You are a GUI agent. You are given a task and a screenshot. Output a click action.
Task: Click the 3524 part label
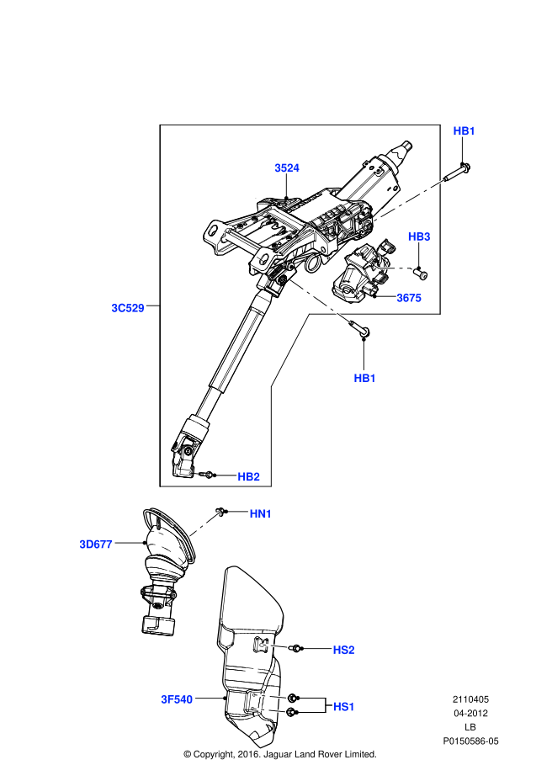click(x=287, y=168)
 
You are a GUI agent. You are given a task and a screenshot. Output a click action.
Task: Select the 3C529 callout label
click(x=128, y=308)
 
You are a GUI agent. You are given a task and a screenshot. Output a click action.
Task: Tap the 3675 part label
click(x=408, y=298)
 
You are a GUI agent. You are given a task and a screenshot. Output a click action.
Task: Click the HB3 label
click(x=419, y=236)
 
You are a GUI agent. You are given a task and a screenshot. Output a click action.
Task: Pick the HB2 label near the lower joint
click(x=248, y=477)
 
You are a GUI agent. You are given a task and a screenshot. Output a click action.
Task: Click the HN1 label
click(x=261, y=513)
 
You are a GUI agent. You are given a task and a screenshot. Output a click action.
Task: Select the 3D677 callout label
click(x=96, y=545)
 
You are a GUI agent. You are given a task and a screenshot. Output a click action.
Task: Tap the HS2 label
click(x=343, y=650)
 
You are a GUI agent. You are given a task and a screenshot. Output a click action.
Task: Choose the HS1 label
click(x=343, y=707)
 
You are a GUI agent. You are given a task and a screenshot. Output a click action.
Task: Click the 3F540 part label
click(x=178, y=699)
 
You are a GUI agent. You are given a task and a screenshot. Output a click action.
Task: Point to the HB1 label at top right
click(x=464, y=130)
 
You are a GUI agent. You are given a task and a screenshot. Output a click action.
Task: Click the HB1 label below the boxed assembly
click(x=364, y=379)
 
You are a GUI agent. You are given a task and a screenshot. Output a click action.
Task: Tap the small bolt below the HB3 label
click(x=422, y=273)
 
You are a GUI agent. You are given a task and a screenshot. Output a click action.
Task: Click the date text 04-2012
click(x=471, y=714)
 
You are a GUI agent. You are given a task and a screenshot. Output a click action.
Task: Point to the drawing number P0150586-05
click(x=471, y=741)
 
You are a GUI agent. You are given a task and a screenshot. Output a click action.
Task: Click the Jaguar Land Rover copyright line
click(x=279, y=754)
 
